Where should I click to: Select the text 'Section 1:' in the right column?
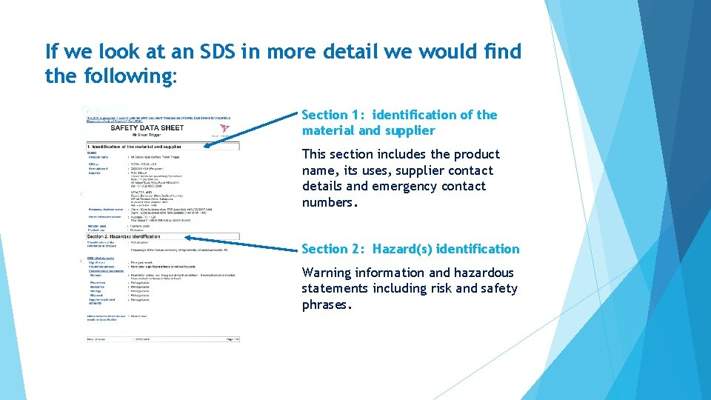(333, 115)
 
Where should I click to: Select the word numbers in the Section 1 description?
(330, 202)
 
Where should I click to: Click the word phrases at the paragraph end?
(327, 304)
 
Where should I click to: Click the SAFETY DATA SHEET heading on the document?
(147, 127)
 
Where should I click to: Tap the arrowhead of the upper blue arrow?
(208, 146)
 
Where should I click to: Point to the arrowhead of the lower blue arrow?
(188, 238)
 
